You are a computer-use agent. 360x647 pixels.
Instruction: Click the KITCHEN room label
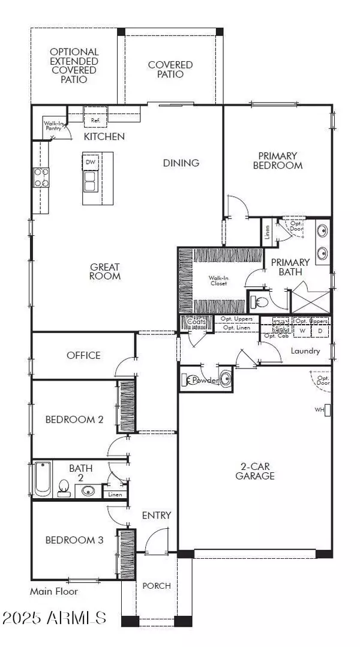click(x=104, y=137)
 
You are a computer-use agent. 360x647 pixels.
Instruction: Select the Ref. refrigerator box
click(x=95, y=120)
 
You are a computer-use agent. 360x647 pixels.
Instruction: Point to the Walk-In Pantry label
click(x=52, y=127)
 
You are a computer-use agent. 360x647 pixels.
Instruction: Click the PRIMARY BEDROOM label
click(x=277, y=160)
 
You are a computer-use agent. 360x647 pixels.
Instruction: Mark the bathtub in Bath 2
click(x=43, y=478)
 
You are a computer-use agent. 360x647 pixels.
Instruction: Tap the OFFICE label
click(x=83, y=355)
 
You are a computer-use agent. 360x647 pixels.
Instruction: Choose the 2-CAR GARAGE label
click(x=255, y=471)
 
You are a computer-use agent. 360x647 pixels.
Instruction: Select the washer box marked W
click(x=302, y=330)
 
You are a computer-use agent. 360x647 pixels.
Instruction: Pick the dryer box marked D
click(x=320, y=330)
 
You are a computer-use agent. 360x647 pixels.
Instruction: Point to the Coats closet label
click(x=196, y=322)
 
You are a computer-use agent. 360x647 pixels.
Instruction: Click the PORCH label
click(x=157, y=585)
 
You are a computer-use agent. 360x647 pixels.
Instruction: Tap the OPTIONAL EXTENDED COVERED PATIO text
click(x=73, y=65)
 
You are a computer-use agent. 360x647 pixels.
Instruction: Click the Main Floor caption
click(x=54, y=591)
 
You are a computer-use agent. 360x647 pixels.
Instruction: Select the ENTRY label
click(x=157, y=515)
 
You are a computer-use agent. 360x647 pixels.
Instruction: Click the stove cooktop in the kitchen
click(x=41, y=177)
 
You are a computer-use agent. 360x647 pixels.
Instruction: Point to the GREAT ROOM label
click(x=105, y=271)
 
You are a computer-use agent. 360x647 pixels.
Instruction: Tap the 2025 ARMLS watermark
click(x=54, y=618)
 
